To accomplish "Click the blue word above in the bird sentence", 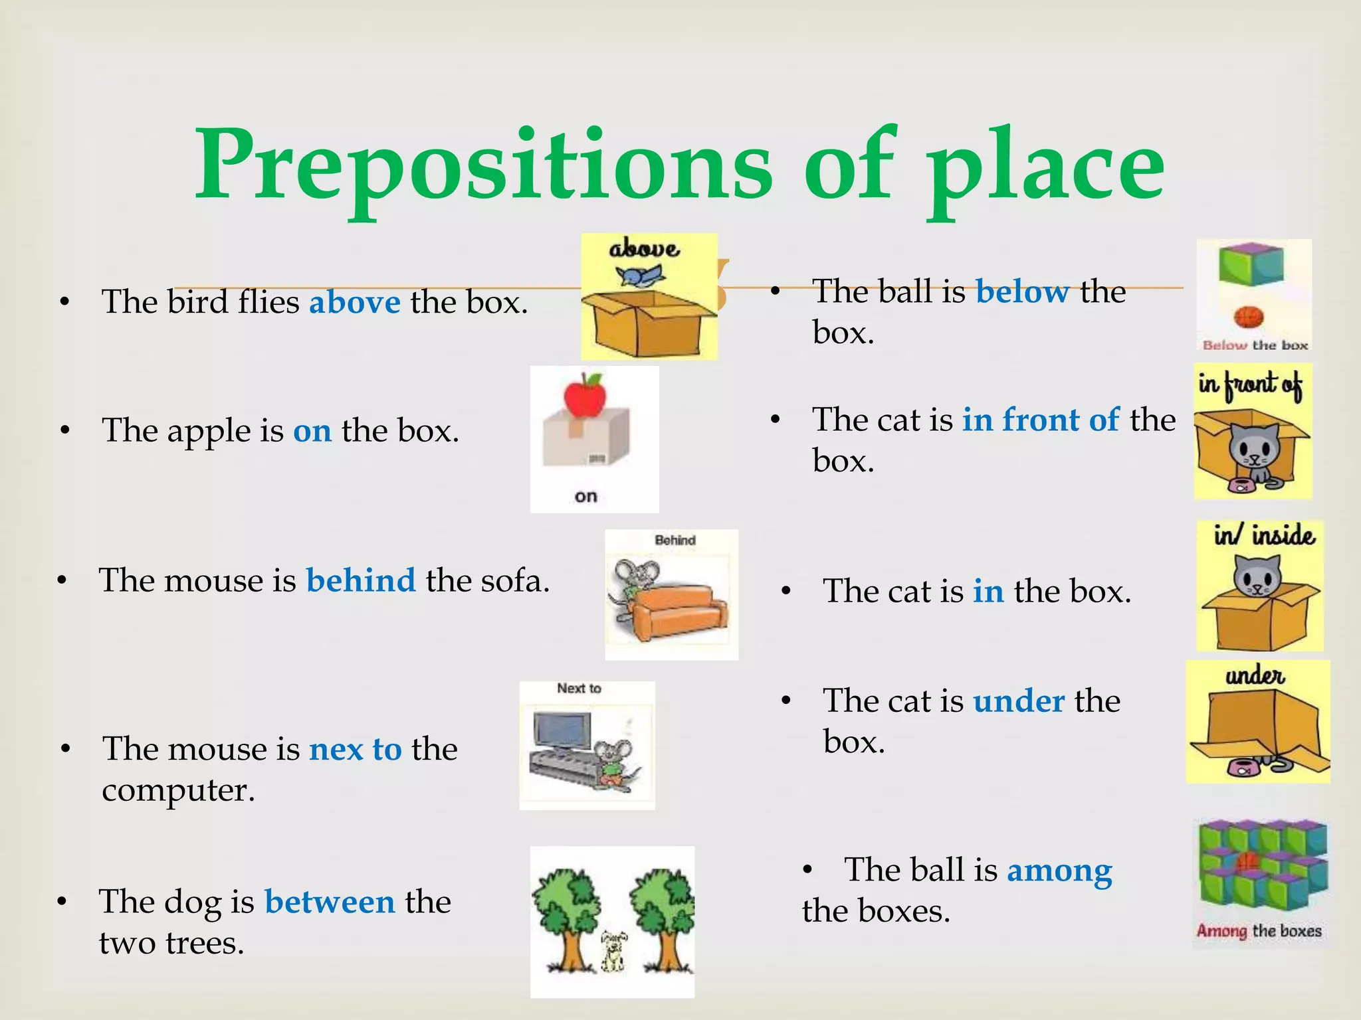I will (x=355, y=303).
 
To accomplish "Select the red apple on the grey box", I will (x=585, y=394).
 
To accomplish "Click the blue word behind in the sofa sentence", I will (x=360, y=581).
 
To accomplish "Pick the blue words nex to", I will (x=355, y=750).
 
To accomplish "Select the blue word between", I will (x=330, y=902).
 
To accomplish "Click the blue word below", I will (x=1022, y=292).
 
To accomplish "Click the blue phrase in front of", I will (x=1041, y=420).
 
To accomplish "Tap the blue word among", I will (x=1059, y=871).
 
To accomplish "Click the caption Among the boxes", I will (x=1259, y=931).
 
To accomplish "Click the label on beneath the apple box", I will (x=585, y=497).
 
